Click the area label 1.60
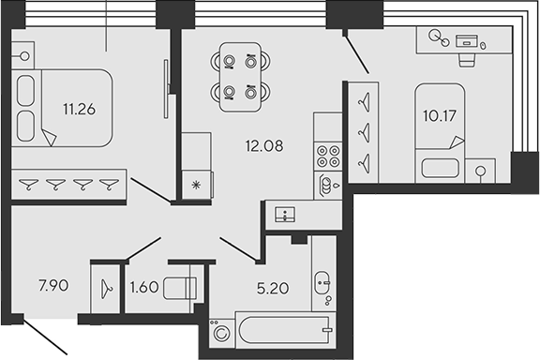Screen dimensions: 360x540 (x=142, y=287)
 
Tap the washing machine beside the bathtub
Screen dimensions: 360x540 (x=222, y=333)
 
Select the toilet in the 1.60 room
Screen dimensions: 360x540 (x=181, y=288)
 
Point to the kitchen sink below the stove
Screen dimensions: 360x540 (x=327, y=185)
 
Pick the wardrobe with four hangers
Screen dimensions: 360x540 (x=69, y=184)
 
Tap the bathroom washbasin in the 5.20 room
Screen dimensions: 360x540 (x=322, y=282)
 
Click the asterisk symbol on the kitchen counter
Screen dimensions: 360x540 (x=196, y=184)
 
